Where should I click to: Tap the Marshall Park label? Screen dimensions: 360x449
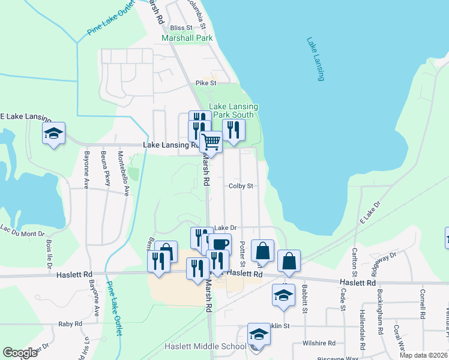click(187, 38)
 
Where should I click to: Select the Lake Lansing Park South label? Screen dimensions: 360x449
click(234, 110)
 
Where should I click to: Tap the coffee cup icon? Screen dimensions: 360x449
click(219, 244)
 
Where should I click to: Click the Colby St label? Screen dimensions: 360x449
click(241, 186)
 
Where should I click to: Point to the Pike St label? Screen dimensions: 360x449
click(201, 83)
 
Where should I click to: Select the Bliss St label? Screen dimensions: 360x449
click(180, 28)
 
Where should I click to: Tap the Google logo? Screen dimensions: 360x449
click(20, 353)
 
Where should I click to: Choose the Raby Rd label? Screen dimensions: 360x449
click(70, 324)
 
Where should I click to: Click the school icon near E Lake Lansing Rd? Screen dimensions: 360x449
click(53, 133)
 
